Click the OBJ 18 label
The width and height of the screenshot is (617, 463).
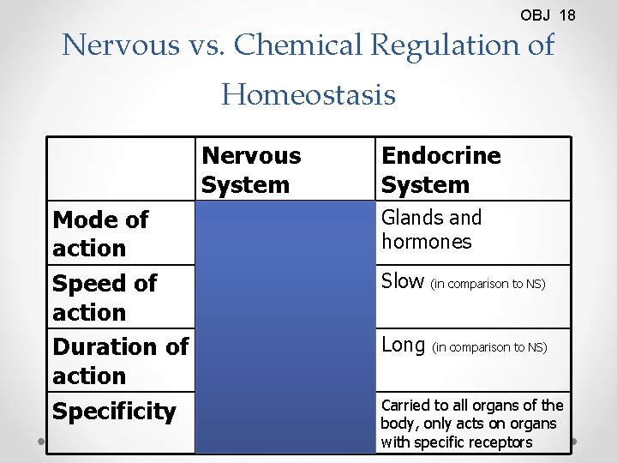[x=548, y=15]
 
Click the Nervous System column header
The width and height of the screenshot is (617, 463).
[x=251, y=170]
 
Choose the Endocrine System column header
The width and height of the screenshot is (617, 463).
[x=440, y=170]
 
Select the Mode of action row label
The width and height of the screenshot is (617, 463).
[x=100, y=234]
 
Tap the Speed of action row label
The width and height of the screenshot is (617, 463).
[x=105, y=298]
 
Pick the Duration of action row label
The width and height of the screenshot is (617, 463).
[x=120, y=361]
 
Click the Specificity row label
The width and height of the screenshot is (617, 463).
[x=114, y=412]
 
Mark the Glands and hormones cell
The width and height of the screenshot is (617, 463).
[x=431, y=230]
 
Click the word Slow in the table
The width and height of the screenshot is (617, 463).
[x=403, y=281]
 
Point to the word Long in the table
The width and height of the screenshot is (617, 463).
[x=404, y=346]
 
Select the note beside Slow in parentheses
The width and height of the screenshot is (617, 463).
[x=488, y=283]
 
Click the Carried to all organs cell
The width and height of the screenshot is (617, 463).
[x=472, y=424]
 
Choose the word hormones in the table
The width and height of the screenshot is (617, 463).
[x=427, y=242]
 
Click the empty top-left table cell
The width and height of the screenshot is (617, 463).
[x=120, y=169]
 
